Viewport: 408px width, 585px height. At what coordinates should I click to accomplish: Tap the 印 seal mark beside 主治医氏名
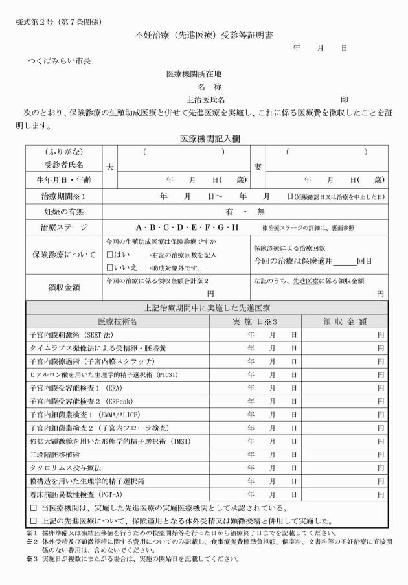[x=345, y=100]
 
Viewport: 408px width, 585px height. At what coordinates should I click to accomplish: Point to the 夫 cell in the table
[x=110, y=166]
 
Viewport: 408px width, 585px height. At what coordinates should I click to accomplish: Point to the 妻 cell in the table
[x=258, y=166]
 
